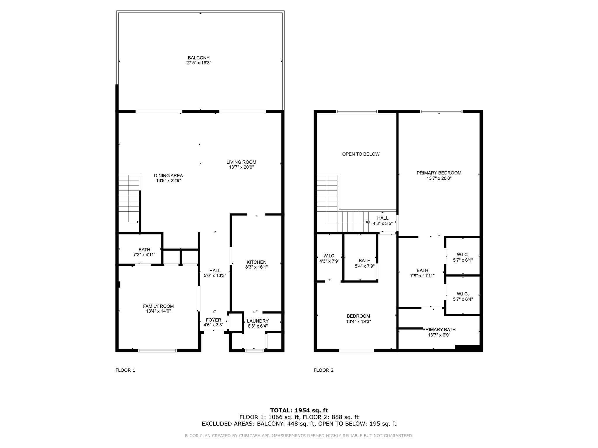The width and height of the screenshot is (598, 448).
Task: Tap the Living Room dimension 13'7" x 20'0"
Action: pos(241,167)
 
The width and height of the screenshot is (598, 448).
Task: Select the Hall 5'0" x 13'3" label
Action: pos(215,273)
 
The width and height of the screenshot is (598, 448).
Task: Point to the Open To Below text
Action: pos(361,154)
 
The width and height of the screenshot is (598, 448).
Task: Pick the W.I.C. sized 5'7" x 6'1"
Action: pos(463,257)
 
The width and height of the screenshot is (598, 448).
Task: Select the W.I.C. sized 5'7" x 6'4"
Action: pos(463,296)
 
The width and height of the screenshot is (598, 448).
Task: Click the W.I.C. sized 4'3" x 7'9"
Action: pos(329,258)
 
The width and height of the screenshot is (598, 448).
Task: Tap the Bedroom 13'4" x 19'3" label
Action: pos(358,319)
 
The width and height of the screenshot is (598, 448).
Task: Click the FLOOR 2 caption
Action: pos(324,370)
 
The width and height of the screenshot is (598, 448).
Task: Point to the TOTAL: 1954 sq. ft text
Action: pos(299,410)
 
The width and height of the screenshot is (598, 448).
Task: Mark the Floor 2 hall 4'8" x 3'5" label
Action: pos(383,221)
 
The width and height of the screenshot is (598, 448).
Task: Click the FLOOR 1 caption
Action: pos(125,370)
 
